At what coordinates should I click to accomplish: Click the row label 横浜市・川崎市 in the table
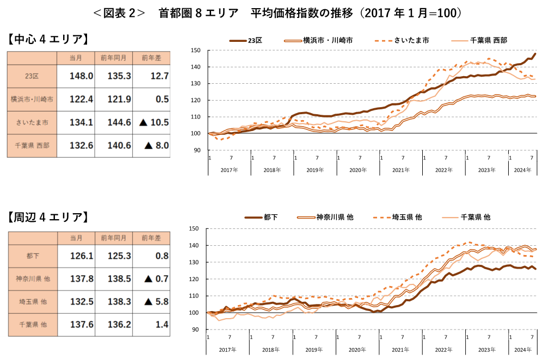pyautogui.click(x=32, y=100)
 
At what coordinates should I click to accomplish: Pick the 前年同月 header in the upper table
pyautogui.click(x=114, y=58)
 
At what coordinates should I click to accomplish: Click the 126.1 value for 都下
pyautogui.click(x=82, y=255)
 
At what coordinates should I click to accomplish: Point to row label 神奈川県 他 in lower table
pyautogui.click(x=32, y=278)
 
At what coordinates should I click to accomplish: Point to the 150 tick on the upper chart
pyautogui.click(x=196, y=51)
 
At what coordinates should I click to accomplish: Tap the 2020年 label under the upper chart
pyautogui.click(x=358, y=170)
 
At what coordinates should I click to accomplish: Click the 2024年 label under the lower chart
pyautogui.click(x=522, y=349)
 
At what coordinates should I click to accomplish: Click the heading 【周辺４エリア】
pyautogui.click(x=47, y=218)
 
